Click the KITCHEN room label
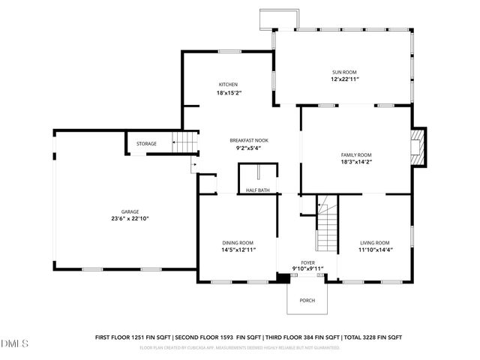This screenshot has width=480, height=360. [x=228, y=84]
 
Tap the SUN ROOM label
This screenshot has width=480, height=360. [x=345, y=72]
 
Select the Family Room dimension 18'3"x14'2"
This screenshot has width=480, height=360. [x=356, y=161]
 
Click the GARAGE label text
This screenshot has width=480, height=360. [x=120, y=212]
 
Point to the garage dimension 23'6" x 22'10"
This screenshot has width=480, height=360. [x=120, y=219]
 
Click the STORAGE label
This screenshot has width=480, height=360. [x=146, y=143]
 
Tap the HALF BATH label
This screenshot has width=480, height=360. [x=258, y=190]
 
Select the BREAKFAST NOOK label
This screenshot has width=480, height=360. [x=248, y=140]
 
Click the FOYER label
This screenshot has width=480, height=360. [x=307, y=262]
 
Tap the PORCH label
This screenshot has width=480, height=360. [x=307, y=300]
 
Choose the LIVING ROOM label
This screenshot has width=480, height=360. [x=374, y=242]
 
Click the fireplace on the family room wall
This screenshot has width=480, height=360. [x=418, y=147]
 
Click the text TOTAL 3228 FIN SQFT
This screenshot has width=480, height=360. [x=373, y=337]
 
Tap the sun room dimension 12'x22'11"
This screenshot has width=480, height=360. [x=345, y=79]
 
